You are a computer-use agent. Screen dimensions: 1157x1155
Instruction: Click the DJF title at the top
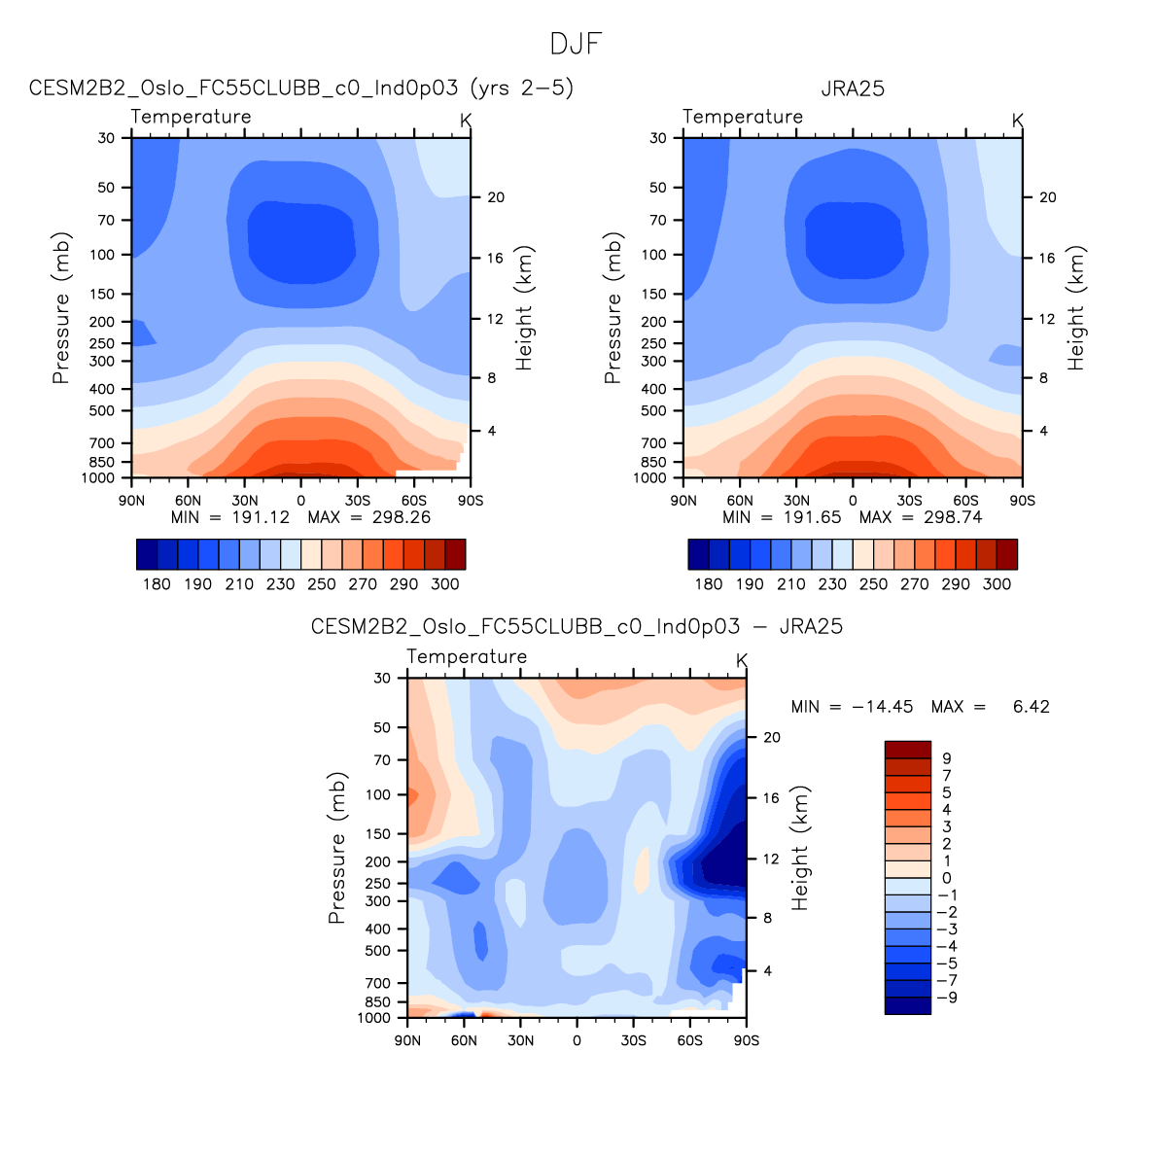coord(577,45)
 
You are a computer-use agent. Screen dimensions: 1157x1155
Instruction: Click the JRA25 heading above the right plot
coord(853,88)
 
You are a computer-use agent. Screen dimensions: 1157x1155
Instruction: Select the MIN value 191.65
coord(812,517)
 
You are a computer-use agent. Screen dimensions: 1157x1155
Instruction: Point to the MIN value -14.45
coord(882,707)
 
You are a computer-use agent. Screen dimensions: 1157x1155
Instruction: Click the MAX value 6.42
coord(1031,707)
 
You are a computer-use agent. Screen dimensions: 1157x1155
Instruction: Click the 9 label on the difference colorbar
coord(947,758)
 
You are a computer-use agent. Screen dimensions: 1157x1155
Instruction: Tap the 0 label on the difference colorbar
coord(947,878)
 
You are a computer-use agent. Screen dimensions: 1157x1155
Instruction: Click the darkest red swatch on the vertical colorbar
coord(907,750)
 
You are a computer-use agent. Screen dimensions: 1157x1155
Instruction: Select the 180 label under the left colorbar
coord(157,584)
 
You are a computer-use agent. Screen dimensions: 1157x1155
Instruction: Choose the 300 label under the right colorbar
coord(997,584)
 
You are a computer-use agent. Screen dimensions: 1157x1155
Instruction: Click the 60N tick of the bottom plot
coord(464,1040)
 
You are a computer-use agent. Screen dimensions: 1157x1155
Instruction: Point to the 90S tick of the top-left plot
coord(471,501)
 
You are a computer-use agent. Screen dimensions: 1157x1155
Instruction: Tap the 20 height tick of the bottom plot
coord(772,738)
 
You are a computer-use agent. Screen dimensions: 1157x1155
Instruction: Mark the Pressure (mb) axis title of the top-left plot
coord(61,308)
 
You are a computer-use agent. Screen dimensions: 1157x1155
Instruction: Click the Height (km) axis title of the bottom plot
coord(800,848)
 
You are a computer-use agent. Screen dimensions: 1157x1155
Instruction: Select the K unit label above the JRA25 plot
coord(1018,121)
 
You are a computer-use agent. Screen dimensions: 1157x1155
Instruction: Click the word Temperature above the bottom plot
coord(467,657)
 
